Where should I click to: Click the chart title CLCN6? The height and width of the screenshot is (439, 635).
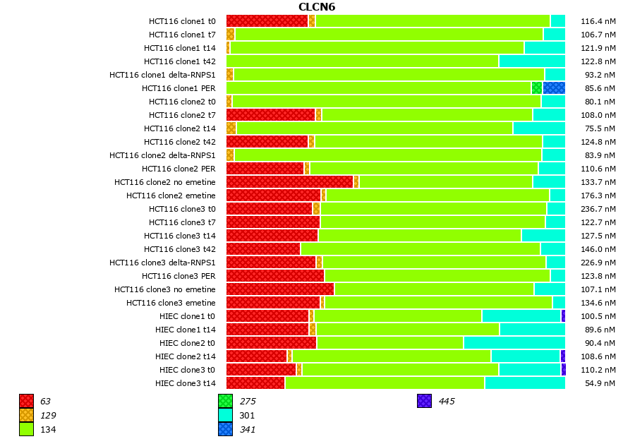[317, 7]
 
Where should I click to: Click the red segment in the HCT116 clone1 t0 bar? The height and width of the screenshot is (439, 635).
[267, 21]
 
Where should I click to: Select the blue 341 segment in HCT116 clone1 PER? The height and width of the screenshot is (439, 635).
[554, 88]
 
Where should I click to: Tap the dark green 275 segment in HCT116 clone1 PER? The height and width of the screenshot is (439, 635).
[537, 88]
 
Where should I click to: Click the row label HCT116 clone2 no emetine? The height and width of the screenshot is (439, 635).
[165, 182]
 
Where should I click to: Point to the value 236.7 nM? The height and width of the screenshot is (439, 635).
[598, 209]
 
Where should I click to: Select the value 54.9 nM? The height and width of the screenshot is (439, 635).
[600, 383]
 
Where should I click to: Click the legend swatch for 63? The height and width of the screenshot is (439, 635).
[26, 402]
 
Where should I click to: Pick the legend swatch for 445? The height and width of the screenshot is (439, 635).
[424, 402]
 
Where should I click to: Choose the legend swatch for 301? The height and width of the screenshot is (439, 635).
[225, 416]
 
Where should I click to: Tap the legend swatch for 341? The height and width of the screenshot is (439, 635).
[225, 429]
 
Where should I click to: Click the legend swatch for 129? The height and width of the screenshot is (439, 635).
[26, 416]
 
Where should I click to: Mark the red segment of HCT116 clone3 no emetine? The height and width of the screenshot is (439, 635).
[280, 289]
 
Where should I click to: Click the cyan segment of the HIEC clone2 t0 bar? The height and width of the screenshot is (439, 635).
[514, 343]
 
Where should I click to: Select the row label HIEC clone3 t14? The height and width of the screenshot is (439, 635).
[186, 383]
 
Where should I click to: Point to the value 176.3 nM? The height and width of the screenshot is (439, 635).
[598, 196]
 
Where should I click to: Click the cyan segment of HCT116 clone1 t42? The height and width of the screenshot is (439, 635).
[532, 61]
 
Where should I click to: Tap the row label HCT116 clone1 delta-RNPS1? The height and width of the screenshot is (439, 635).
[162, 75]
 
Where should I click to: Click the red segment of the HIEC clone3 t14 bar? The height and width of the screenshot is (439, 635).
[255, 383]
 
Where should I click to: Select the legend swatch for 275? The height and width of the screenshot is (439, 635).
[225, 402]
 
